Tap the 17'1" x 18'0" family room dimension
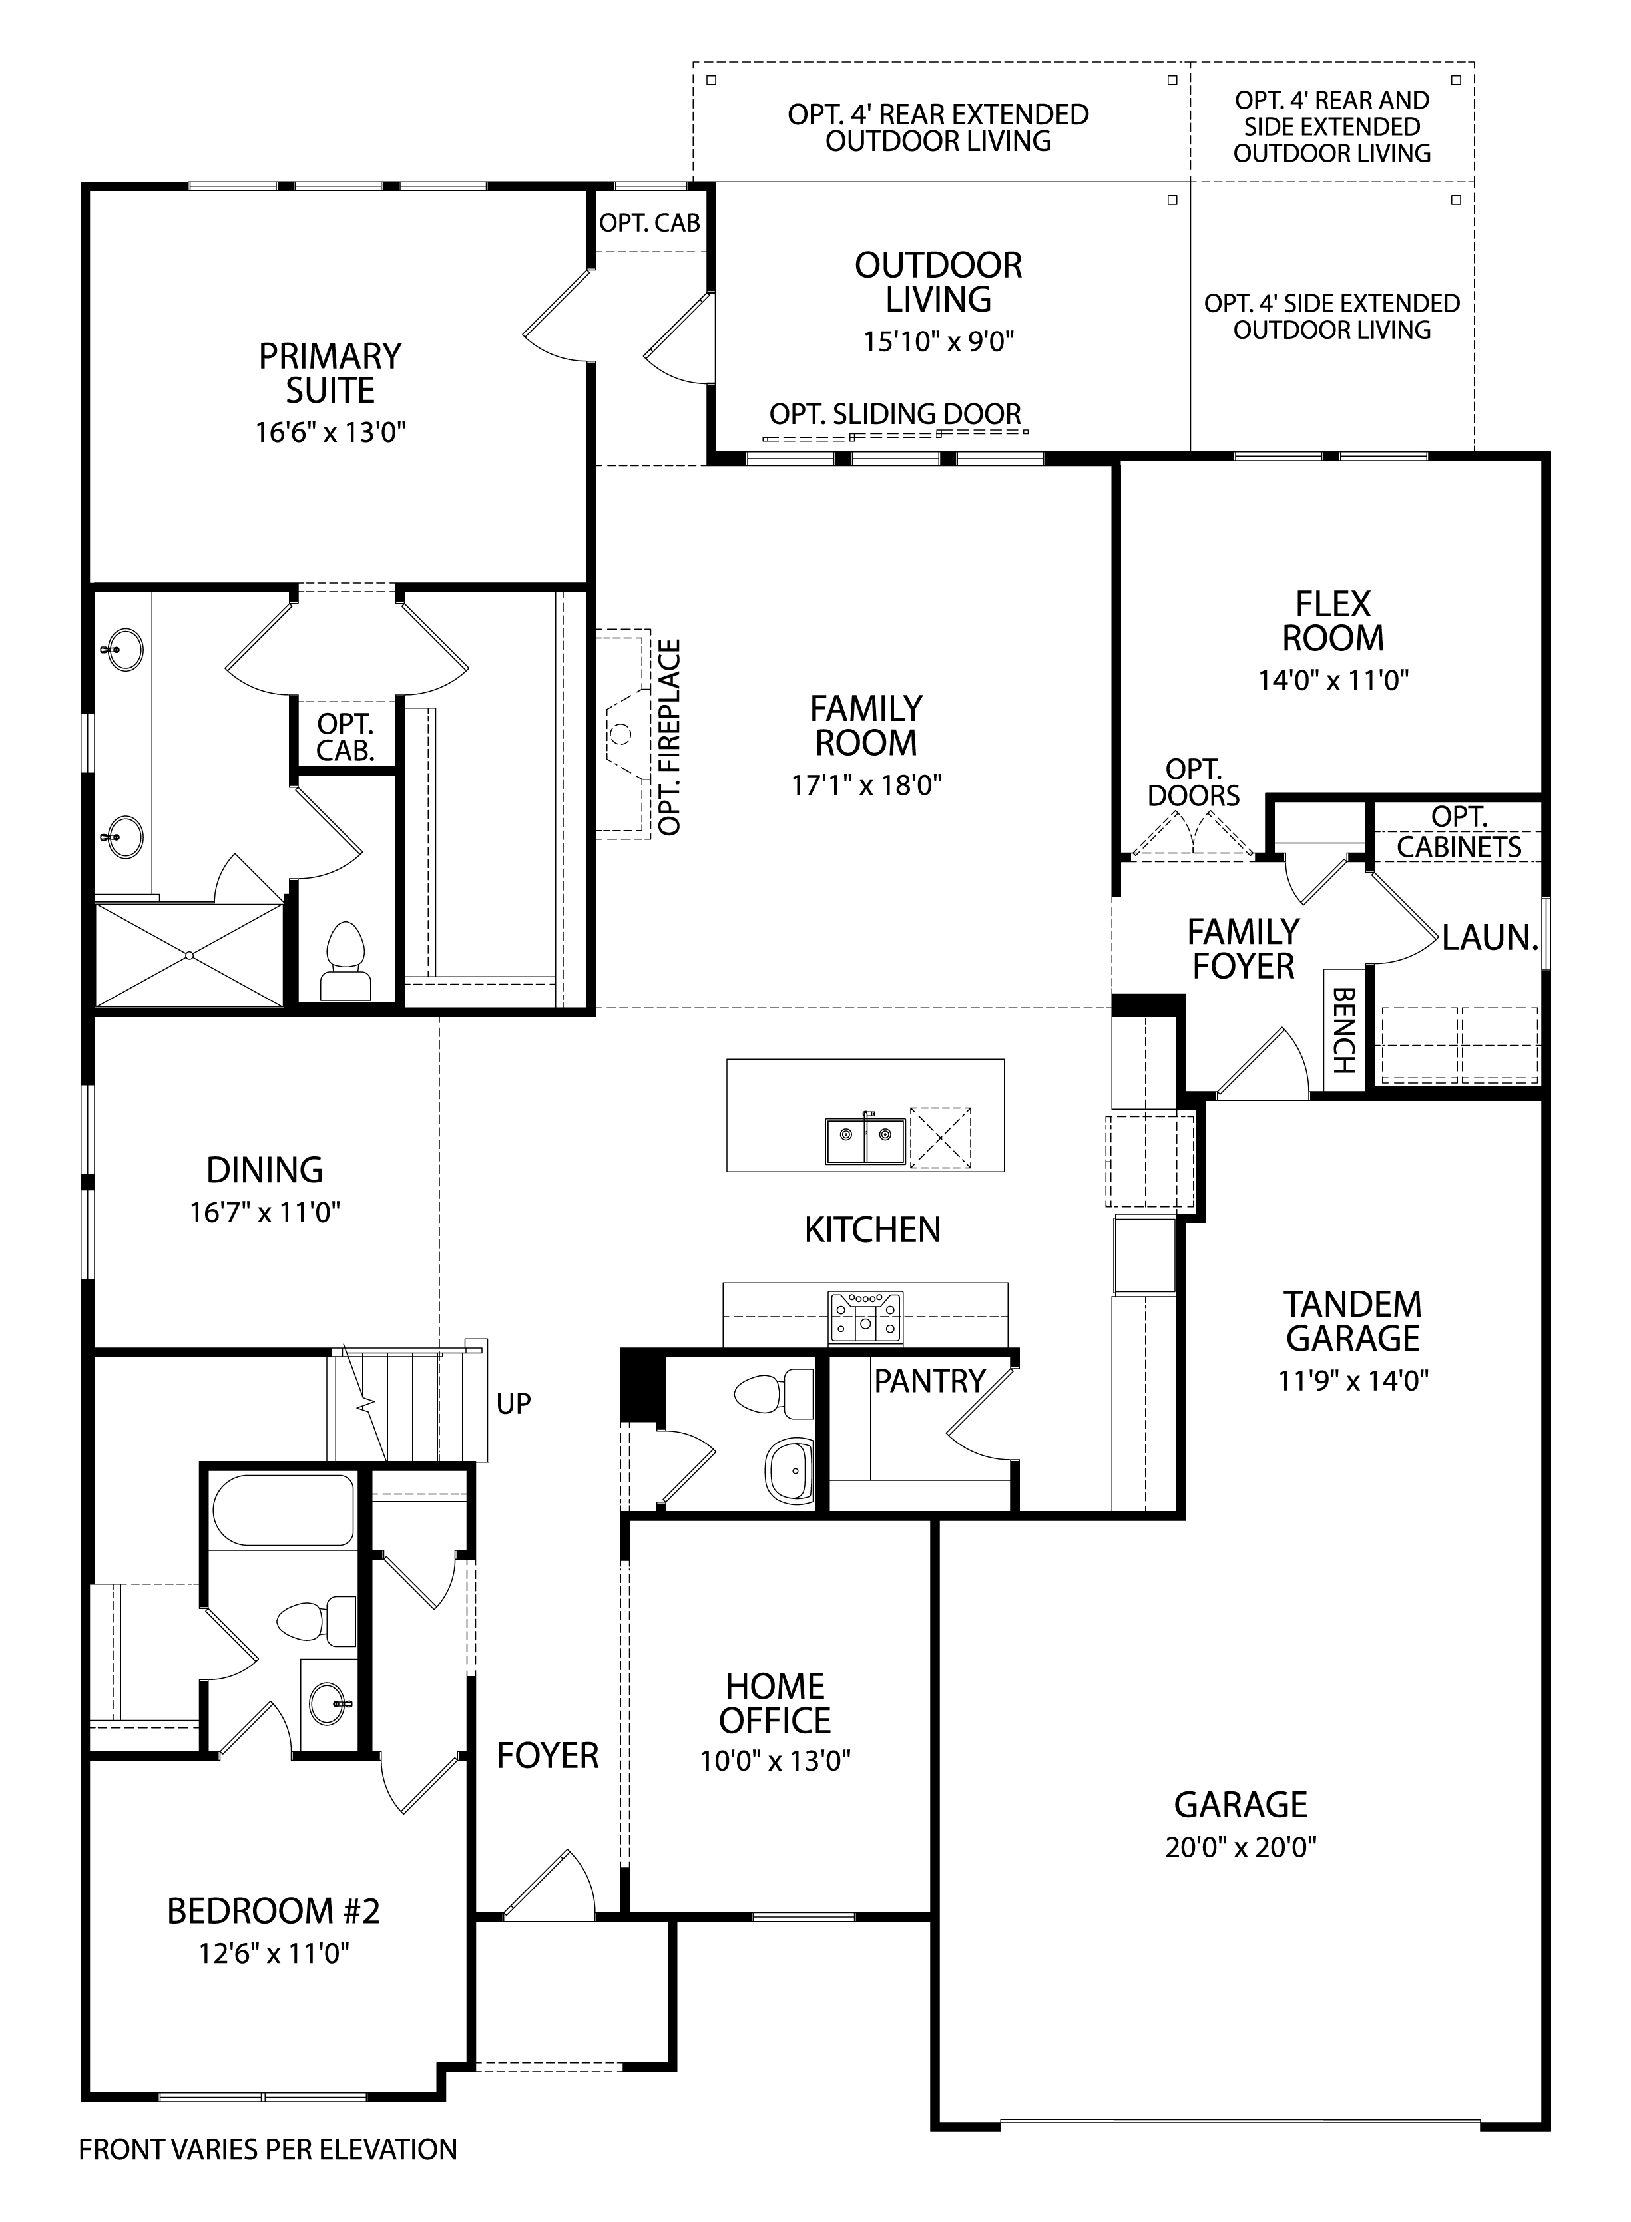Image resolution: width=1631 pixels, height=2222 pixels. (x=866, y=785)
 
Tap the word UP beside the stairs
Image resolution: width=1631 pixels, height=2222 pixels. (x=513, y=1404)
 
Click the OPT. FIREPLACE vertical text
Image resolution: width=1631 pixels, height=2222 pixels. (x=670, y=738)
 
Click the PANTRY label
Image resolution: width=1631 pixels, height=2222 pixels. (x=929, y=1381)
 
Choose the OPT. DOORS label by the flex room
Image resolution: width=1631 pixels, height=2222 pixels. (x=1193, y=781)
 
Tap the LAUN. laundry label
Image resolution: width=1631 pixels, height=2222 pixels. (x=1489, y=938)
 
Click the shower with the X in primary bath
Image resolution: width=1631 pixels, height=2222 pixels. (x=188, y=955)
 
